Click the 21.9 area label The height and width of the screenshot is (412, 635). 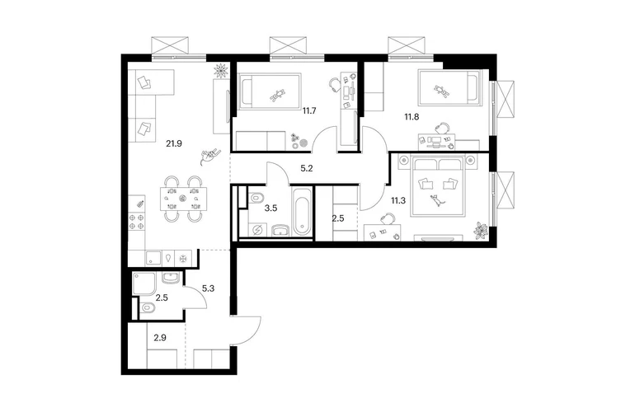click(174, 143)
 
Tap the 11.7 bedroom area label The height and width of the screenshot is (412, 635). click(309, 110)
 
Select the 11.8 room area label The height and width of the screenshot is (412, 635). click(412, 117)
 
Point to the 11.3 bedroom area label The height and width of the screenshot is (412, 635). click(398, 200)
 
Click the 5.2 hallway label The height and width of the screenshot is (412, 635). click(307, 168)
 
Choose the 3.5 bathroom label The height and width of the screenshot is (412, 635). click(270, 208)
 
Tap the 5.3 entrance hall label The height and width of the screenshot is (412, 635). click(208, 288)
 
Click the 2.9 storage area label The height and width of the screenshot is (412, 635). click(160, 337)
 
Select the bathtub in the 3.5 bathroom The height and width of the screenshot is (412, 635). click(302, 211)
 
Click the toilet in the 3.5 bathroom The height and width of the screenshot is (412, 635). click(256, 198)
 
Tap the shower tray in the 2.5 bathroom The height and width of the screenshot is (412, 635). click(144, 283)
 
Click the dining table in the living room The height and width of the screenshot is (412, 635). click(183, 199)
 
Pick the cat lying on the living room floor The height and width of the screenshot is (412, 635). click(209, 156)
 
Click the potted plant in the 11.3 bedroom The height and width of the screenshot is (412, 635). click(482, 230)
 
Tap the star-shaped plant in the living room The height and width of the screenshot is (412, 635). click(221, 70)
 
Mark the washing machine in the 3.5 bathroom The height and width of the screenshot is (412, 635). click(256, 230)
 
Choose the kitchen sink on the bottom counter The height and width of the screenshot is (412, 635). click(153, 258)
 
